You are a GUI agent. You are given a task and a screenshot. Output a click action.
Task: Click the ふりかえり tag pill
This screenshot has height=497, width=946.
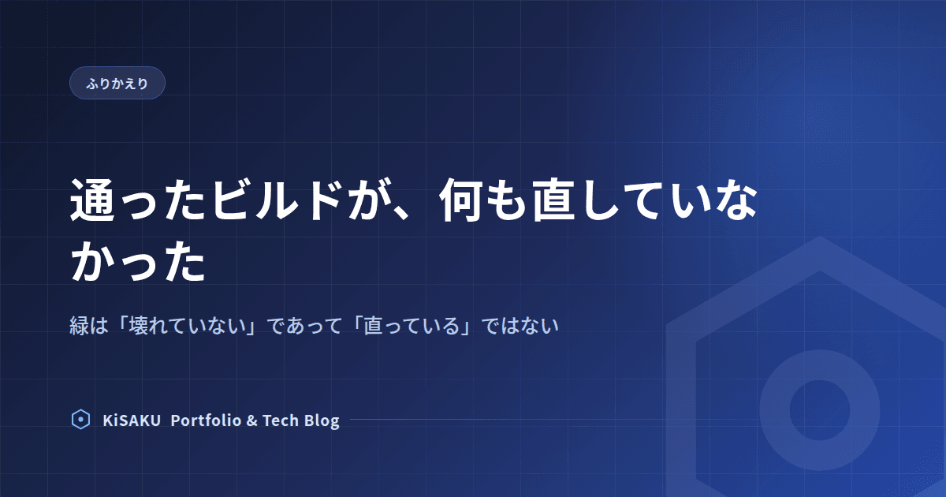[117, 83]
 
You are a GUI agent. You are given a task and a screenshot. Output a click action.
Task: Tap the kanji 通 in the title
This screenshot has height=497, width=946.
[92, 200]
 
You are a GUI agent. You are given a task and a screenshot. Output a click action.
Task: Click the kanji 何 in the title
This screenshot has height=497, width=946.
[461, 200]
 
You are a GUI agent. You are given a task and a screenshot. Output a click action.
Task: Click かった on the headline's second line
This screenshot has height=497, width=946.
[138, 261]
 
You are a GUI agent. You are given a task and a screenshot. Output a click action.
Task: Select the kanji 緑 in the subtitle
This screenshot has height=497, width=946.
[79, 326]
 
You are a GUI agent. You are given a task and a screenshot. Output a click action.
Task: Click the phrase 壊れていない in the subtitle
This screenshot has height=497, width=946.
[188, 326]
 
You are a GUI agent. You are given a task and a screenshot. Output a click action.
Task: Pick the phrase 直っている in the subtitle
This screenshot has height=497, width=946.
[412, 326]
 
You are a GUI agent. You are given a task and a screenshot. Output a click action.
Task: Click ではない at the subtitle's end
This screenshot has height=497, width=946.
[520, 326]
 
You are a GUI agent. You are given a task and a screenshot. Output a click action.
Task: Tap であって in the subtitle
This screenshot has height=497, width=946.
[305, 326]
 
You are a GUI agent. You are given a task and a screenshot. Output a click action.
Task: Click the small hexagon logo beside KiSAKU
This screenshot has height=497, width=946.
[80, 420]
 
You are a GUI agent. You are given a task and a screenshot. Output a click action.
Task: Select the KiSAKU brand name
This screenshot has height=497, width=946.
[132, 420]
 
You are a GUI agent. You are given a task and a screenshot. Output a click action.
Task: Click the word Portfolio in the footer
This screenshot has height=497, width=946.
[206, 420]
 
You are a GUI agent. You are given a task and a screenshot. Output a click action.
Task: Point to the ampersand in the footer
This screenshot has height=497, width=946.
[251, 420]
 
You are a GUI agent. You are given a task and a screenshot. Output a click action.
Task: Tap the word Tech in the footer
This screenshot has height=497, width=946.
[281, 420]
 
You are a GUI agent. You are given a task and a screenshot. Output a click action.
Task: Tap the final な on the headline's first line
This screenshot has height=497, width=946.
[736, 200]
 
